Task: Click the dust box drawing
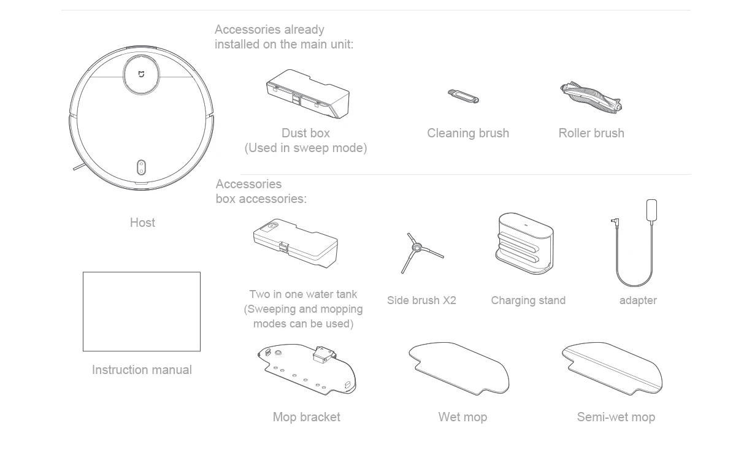(x=307, y=94)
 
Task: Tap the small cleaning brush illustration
(x=464, y=97)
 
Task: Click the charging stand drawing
(x=525, y=244)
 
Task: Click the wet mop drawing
(x=459, y=368)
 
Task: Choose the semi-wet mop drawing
(x=612, y=368)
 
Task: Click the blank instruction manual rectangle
(x=142, y=311)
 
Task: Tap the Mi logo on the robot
(x=142, y=74)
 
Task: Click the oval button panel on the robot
(x=141, y=167)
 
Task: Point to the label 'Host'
(x=142, y=223)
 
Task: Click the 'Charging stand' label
(x=528, y=300)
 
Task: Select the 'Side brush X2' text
(x=421, y=300)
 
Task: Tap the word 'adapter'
(x=638, y=300)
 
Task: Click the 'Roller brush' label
(x=591, y=133)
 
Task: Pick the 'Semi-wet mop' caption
(x=616, y=417)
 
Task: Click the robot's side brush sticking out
(x=78, y=166)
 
